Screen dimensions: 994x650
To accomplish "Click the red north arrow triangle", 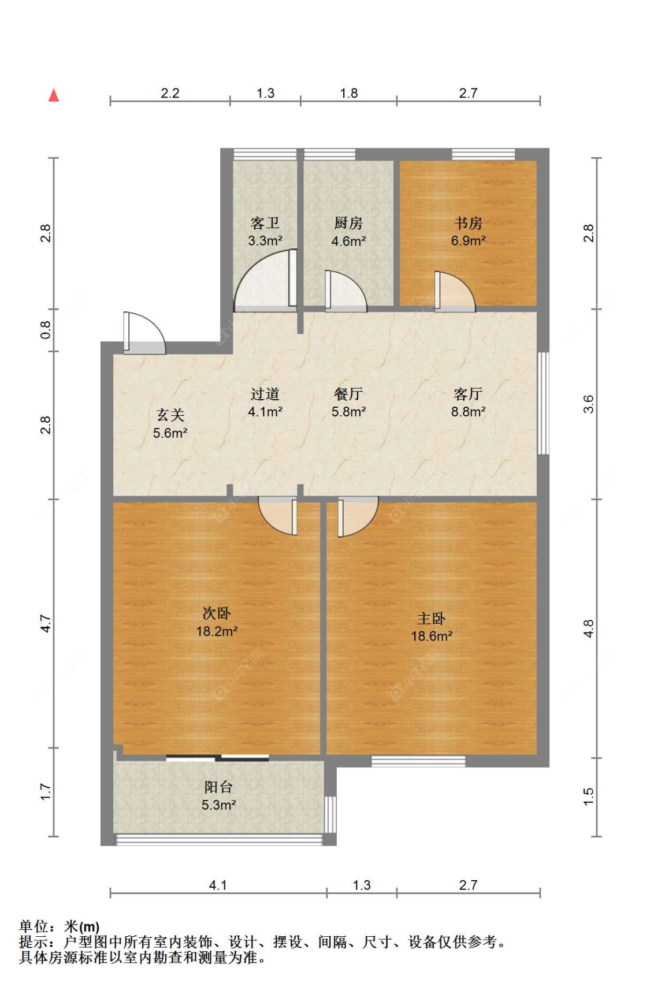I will (x=54, y=95).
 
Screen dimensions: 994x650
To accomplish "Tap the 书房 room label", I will (x=468, y=223).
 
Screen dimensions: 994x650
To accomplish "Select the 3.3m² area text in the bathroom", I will (x=265, y=241).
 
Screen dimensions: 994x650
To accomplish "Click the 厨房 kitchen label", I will (x=348, y=223).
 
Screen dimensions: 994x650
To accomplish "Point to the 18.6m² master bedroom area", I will (x=432, y=636).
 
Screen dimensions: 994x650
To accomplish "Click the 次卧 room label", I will (x=217, y=613).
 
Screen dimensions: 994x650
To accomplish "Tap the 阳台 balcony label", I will (x=218, y=787).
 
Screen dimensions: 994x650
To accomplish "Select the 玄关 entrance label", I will (x=170, y=415).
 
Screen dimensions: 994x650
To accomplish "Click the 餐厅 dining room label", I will (x=348, y=394).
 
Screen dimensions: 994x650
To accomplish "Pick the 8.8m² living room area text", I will (x=468, y=412).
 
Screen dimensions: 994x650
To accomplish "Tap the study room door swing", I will (x=455, y=292).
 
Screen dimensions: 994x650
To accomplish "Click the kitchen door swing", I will (x=346, y=292).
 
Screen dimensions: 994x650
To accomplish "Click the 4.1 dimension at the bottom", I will (x=218, y=885).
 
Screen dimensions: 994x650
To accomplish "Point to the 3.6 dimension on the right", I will (x=588, y=404).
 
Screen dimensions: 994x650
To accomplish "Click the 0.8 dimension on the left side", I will (x=46, y=330).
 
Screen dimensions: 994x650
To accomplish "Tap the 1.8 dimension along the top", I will (x=348, y=93).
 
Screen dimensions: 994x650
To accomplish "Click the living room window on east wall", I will (x=543, y=403).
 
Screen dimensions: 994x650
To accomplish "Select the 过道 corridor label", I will (x=265, y=394).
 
